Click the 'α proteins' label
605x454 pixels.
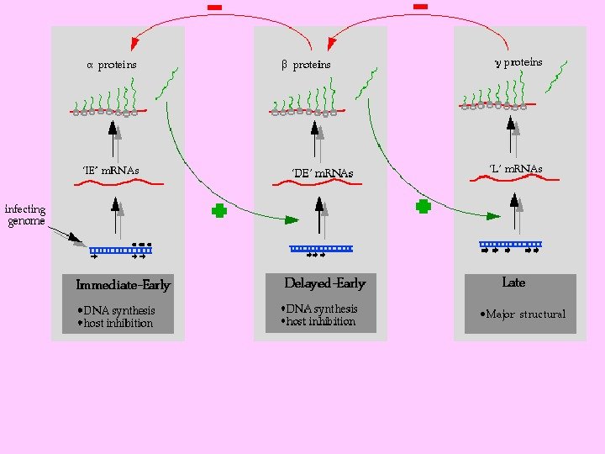coord(112,65)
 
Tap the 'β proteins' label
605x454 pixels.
coord(305,65)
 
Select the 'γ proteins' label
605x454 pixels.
coord(517,62)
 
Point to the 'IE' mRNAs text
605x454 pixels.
coord(110,171)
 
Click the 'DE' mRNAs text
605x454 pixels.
coord(322,173)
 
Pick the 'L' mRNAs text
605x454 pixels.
coord(515,169)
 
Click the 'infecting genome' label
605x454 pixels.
coord(25,215)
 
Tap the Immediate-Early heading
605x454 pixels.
coord(123,285)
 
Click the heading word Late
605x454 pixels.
coord(513,282)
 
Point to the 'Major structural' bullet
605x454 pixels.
coord(524,314)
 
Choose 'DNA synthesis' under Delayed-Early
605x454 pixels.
coord(321,309)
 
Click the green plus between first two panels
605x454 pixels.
coord(219,211)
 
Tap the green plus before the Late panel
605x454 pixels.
coord(424,205)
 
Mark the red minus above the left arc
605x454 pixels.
coord(215,8)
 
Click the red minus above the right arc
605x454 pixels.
coord(421,7)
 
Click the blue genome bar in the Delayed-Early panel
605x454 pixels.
coord(321,248)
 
